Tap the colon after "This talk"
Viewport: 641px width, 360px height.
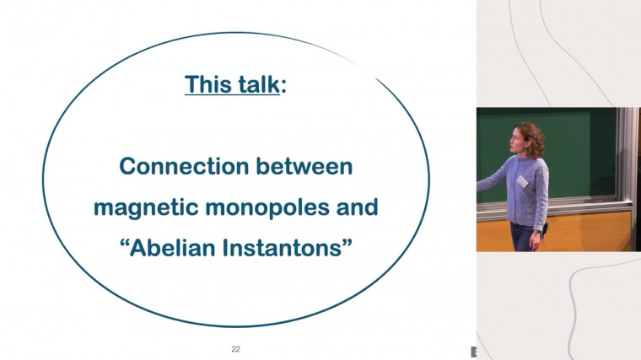pos(283,86)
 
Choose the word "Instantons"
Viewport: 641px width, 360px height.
pos(283,248)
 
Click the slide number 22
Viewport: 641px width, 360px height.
pos(236,347)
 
